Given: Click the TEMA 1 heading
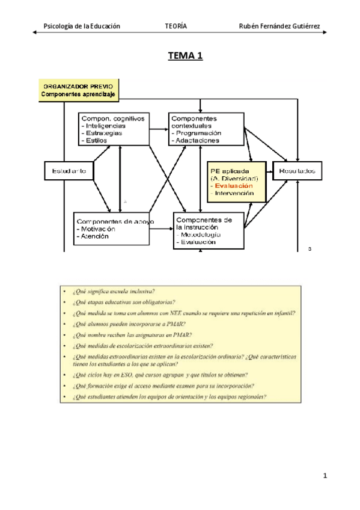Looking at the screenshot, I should (x=185, y=57).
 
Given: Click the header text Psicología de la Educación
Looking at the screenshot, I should (x=82, y=26).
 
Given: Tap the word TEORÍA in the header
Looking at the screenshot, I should (x=175, y=26).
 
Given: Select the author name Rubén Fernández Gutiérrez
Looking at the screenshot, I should (x=279, y=26).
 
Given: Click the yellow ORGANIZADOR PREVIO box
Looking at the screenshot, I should (x=79, y=90).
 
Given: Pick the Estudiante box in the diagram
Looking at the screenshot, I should (x=69, y=171).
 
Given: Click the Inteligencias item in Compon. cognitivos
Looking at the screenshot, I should (x=105, y=126).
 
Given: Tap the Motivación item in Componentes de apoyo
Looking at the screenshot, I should (x=98, y=229).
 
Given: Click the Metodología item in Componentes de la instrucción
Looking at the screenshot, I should (x=199, y=235).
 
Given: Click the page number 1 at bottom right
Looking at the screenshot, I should (x=325, y=476).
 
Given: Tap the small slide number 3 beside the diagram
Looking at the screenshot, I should (x=309, y=248).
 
